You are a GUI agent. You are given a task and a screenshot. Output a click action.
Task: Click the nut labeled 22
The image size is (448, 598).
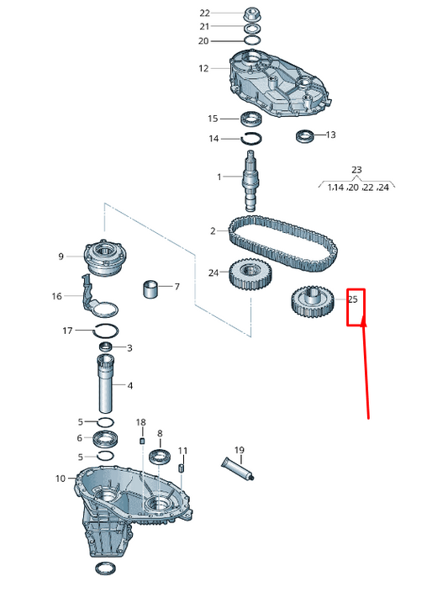252,13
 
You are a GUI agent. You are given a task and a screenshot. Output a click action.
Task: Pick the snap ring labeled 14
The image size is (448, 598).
252,139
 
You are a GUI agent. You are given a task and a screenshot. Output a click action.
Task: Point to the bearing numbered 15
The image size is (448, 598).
252,119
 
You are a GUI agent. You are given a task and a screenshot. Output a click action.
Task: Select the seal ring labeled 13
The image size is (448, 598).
304,135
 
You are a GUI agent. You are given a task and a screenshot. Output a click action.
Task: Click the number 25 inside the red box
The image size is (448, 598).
353,299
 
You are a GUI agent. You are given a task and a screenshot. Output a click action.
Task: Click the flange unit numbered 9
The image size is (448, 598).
104,257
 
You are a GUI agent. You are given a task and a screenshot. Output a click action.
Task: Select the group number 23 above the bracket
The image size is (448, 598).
356,170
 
